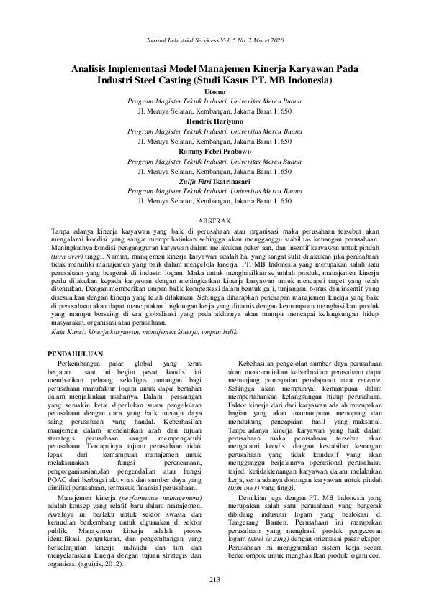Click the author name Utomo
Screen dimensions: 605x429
[x=214, y=92]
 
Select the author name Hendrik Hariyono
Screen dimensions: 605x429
[x=214, y=122]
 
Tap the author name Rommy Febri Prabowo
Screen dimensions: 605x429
[x=214, y=152]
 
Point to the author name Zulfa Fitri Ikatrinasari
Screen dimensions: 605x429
[x=214, y=183]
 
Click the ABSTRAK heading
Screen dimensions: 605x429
[x=214, y=222]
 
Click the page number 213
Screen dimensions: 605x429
[x=214, y=578]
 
